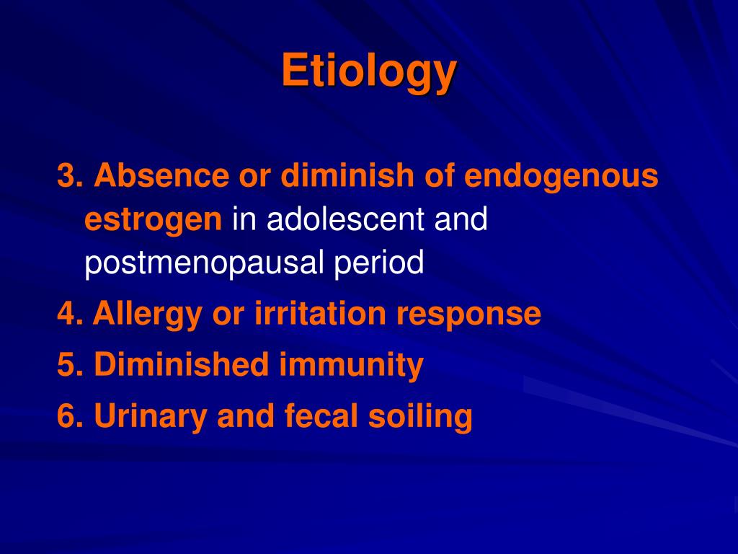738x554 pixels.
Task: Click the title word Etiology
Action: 368,71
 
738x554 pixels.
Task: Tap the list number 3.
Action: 67,176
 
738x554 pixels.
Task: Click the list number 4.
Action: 67,314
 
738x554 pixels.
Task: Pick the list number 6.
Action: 67,416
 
